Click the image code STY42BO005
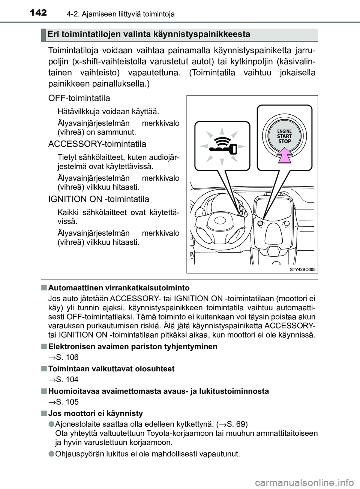click(302, 269)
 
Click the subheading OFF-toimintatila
click(79, 98)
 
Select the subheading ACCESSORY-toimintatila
click(97, 144)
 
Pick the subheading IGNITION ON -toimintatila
click(99, 199)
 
